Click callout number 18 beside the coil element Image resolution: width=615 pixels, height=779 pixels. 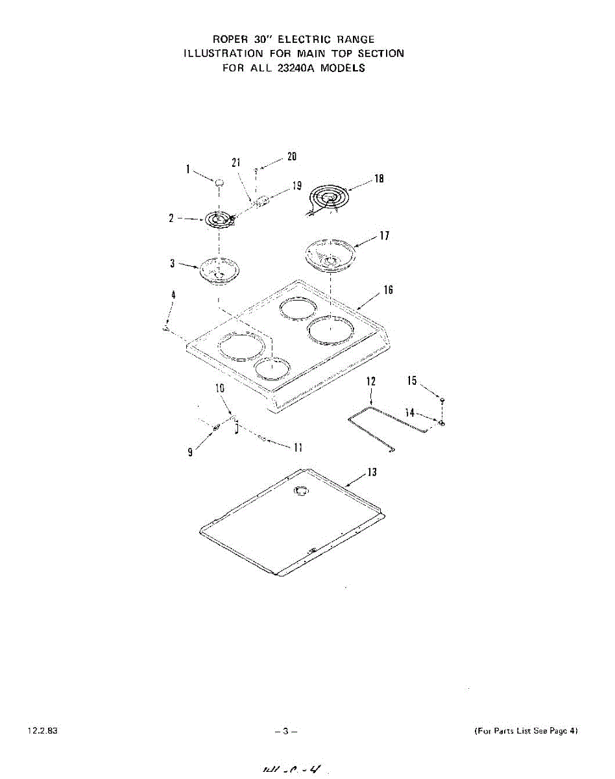379,179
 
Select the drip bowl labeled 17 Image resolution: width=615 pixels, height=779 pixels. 330,253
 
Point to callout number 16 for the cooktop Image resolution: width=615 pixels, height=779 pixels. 387,290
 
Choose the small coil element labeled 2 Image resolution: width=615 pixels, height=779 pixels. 219,220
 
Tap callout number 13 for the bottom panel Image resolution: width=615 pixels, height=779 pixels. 371,472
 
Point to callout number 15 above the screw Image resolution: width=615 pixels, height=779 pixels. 412,381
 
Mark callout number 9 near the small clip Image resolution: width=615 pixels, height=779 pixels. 190,453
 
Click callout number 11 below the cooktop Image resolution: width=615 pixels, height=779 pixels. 298,447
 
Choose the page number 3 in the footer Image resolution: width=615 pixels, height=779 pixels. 285,732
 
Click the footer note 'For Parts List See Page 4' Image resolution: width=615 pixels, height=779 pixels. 526,731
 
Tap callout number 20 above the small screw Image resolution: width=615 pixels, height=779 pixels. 292,156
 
